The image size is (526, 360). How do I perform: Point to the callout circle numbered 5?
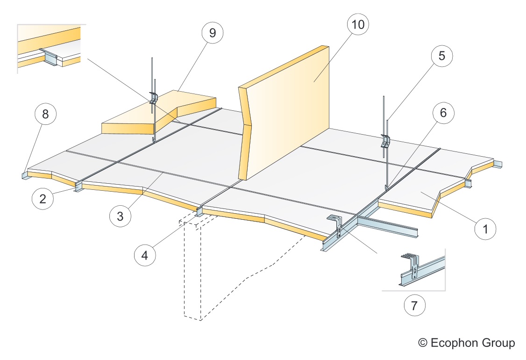pyautogui.click(x=441, y=56)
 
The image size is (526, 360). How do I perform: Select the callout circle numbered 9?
pyautogui.click(x=212, y=33)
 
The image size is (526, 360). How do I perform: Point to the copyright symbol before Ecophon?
pyautogui.click(x=423, y=343)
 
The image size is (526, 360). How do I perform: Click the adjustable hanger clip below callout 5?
pyautogui.click(x=385, y=140)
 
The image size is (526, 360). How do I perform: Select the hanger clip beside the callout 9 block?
pyautogui.click(x=154, y=98)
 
